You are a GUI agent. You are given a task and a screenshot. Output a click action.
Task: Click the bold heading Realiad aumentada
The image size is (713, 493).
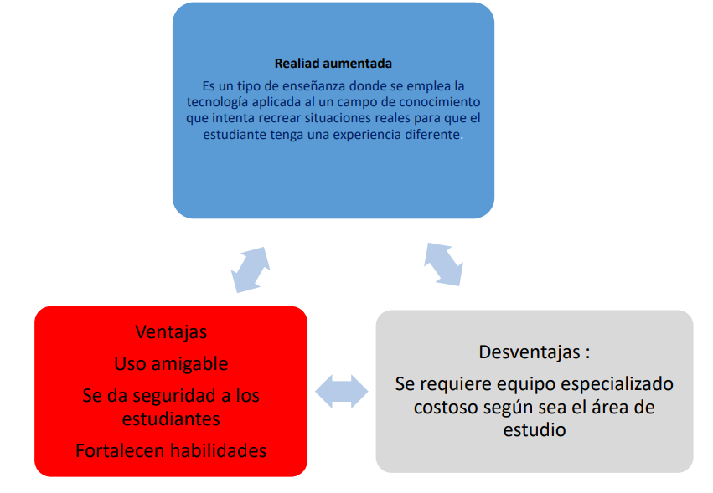[x=333, y=63]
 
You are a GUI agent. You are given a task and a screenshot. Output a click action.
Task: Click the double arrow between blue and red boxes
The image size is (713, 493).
[x=251, y=270]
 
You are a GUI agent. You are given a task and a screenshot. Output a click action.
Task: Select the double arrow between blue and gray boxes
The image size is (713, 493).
[x=443, y=264]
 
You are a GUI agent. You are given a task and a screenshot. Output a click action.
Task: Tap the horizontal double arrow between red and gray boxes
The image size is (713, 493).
[x=342, y=391]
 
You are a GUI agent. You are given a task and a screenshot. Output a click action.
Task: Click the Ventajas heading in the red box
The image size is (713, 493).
[x=171, y=332]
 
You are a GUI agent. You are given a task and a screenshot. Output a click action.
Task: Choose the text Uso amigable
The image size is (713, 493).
[x=171, y=363]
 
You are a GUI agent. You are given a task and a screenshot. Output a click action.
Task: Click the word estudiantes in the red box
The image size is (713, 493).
[x=171, y=419]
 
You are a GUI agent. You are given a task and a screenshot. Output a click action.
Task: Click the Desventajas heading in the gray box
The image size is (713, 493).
[x=530, y=352]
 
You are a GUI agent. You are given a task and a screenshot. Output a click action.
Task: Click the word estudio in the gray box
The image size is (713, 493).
[x=535, y=429]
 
